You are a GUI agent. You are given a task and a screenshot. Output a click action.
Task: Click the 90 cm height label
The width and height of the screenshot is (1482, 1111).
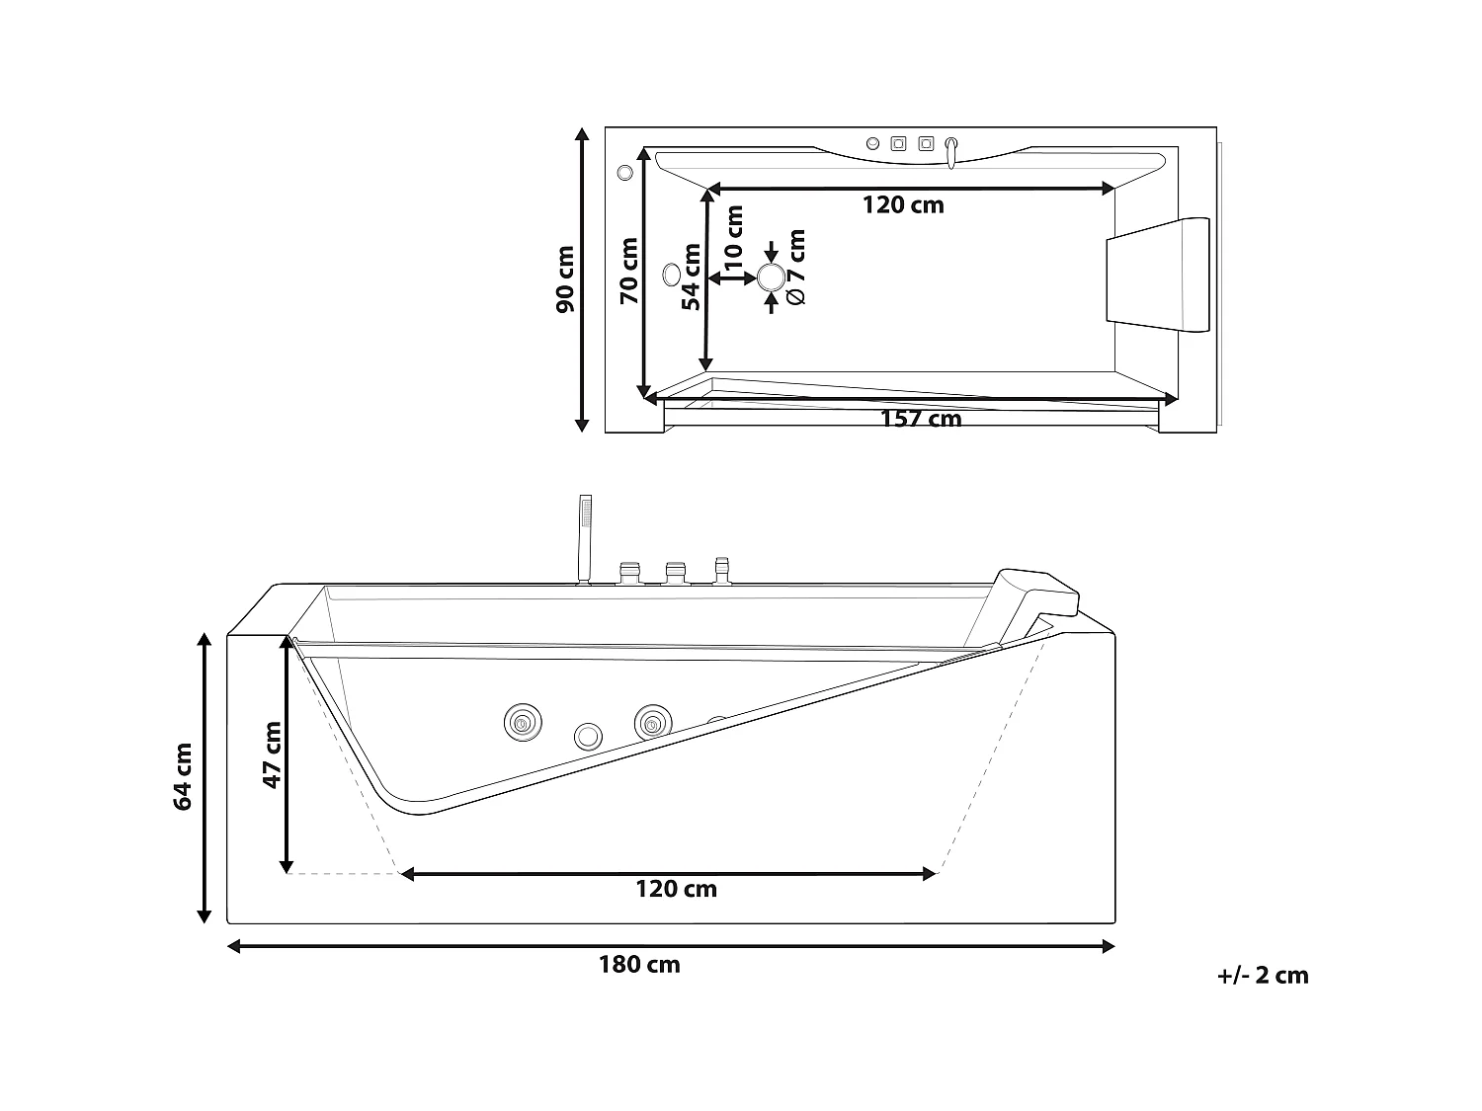pos(565,279)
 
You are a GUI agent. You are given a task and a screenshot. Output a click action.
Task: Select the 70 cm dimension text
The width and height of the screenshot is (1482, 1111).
pos(629,271)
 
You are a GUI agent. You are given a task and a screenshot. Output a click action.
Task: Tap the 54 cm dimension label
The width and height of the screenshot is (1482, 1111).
pos(691,277)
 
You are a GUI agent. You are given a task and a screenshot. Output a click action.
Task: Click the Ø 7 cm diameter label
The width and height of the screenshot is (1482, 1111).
pos(796,267)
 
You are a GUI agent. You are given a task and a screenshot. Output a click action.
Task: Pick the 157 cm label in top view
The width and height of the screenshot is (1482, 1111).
pos(920,419)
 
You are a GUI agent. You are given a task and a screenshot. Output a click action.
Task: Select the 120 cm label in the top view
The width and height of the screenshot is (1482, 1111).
pos(903,205)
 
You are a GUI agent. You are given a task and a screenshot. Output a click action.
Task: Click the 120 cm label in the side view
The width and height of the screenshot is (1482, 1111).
pos(676,889)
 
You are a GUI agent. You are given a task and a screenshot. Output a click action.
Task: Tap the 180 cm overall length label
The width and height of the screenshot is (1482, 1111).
pos(639,965)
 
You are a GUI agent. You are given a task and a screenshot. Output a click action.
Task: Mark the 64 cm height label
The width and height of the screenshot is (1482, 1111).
pos(183,776)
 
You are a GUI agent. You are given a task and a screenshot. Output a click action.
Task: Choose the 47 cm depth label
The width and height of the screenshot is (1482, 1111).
pos(272,754)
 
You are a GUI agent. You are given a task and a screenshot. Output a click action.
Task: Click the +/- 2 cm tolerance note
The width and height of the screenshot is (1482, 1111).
pos(1263,976)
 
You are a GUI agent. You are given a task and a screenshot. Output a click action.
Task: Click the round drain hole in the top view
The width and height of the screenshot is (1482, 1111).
pos(771,278)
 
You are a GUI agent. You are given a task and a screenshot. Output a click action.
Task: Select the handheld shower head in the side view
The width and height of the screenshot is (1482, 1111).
pos(584,516)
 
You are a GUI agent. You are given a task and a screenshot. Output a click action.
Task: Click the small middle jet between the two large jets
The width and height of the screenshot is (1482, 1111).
pos(588,735)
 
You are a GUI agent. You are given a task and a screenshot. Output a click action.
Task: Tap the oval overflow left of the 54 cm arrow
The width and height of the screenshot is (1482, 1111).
pos(672,274)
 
